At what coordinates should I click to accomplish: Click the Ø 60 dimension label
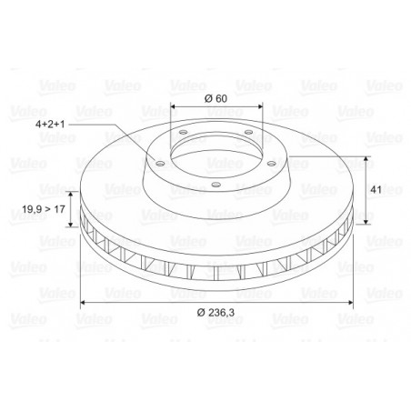click(x=216, y=98)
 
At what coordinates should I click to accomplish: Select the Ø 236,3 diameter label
click(x=216, y=312)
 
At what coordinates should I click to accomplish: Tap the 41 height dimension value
click(x=376, y=190)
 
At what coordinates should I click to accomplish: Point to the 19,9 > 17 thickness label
click(x=44, y=209)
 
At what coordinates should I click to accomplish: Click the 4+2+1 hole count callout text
click(x=50, y=125)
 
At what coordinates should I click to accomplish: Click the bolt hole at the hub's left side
click(x=160, y=164)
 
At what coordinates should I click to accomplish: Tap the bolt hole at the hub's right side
click(x=271, y=164)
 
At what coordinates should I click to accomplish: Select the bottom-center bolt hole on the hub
click(x=216, y=185)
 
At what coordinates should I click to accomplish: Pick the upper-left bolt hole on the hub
click(x=183, y=133)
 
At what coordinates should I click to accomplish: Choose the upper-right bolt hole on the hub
click(x=248, y=132)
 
